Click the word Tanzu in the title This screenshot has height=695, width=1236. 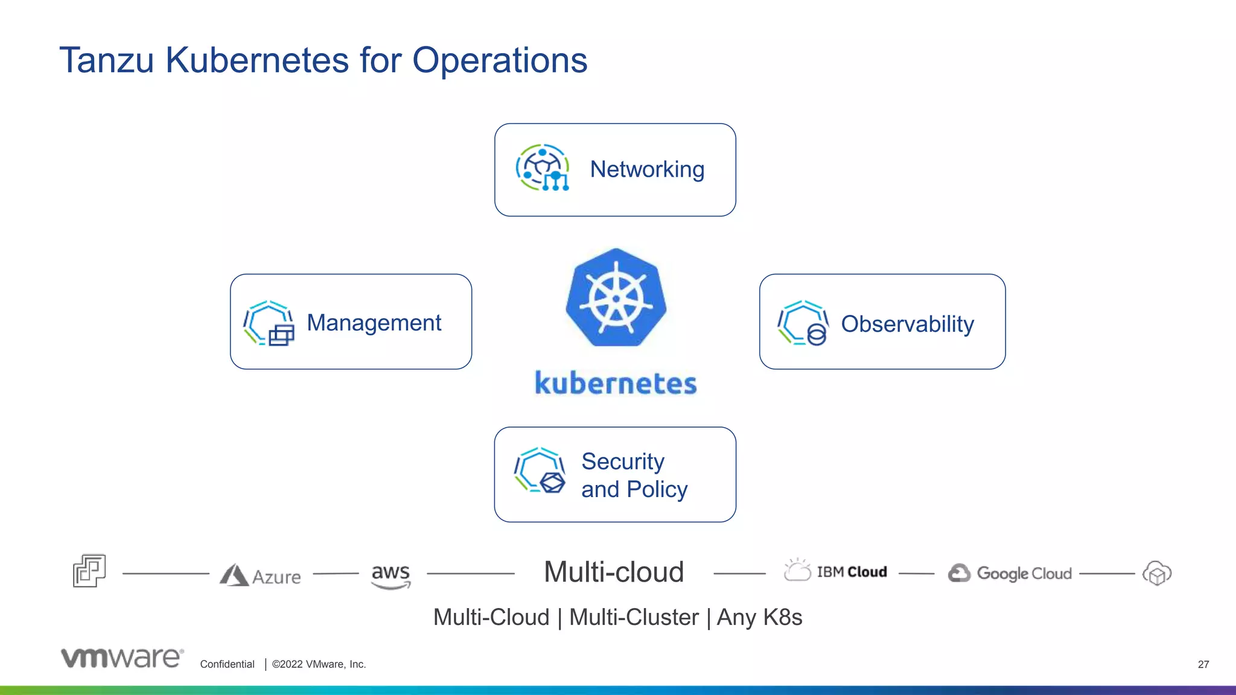click(106, 60)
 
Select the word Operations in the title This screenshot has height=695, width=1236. click(499, 60)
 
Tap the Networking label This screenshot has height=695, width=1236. click(647, 170)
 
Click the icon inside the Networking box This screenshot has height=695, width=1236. click(543, 168)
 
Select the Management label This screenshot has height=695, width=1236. click(374, 323)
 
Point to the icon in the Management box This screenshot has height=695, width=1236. click(269, 323)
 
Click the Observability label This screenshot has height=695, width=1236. click(907, 324)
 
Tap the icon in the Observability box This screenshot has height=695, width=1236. click(803, 323)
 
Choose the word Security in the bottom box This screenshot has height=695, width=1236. click(623, 462)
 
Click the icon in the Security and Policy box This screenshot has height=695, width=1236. click(540, 471)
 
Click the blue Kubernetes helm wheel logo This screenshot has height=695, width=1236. click(616, 298)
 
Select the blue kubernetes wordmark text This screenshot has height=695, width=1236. click(616, 383)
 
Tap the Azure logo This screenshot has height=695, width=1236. click(260, 576)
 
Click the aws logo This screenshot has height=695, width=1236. click(390, 576)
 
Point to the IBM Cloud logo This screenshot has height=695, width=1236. click(836, 571)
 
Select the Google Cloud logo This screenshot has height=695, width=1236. click(1010, 573)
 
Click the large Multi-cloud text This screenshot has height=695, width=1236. click(614, 572)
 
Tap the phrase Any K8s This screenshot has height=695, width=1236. click(759, 617)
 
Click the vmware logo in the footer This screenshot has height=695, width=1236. click(122, 658)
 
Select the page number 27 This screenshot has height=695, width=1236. click(1203, 664)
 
